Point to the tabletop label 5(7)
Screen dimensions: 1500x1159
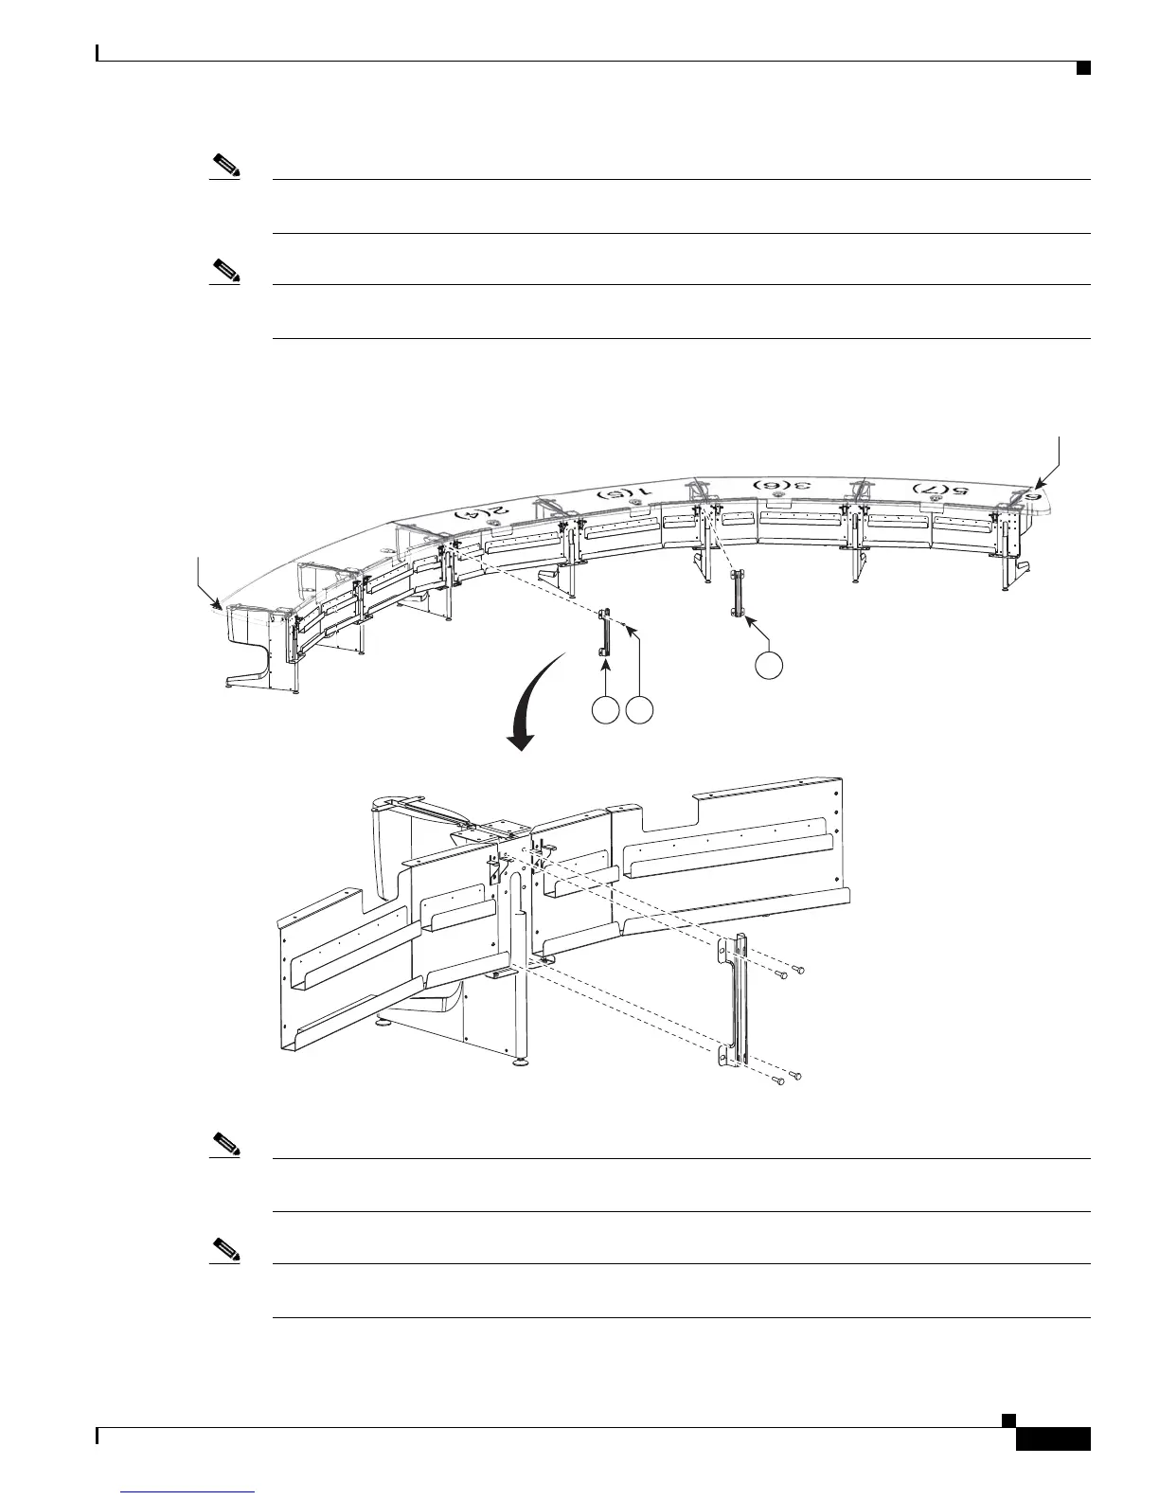[x=940, y=489]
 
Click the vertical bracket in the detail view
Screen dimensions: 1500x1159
[x=738, y=1004]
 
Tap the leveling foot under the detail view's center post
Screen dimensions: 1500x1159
[x=520, y=1062]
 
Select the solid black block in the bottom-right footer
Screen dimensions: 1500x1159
[x=1052, y=1438]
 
